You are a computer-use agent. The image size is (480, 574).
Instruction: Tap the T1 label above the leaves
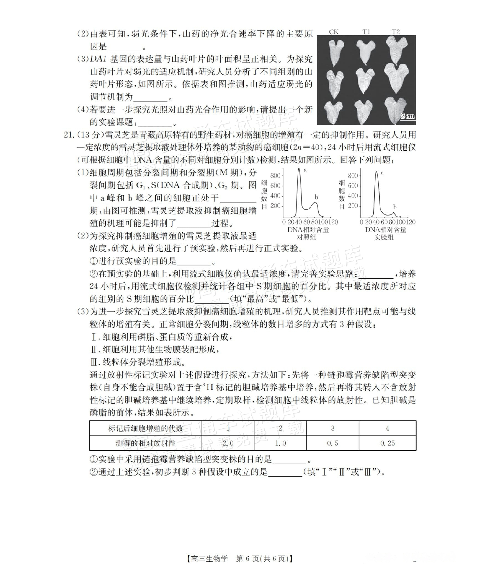[x=366, y=32]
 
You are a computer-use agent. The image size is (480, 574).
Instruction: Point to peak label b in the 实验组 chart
[x=395, y=207]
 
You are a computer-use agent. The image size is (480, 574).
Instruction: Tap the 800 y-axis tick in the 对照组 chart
[x=275, y=176]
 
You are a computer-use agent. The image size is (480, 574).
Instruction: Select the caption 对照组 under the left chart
[x=306, y=237]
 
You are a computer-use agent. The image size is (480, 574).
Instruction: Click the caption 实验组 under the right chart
[x=384, y=237]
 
